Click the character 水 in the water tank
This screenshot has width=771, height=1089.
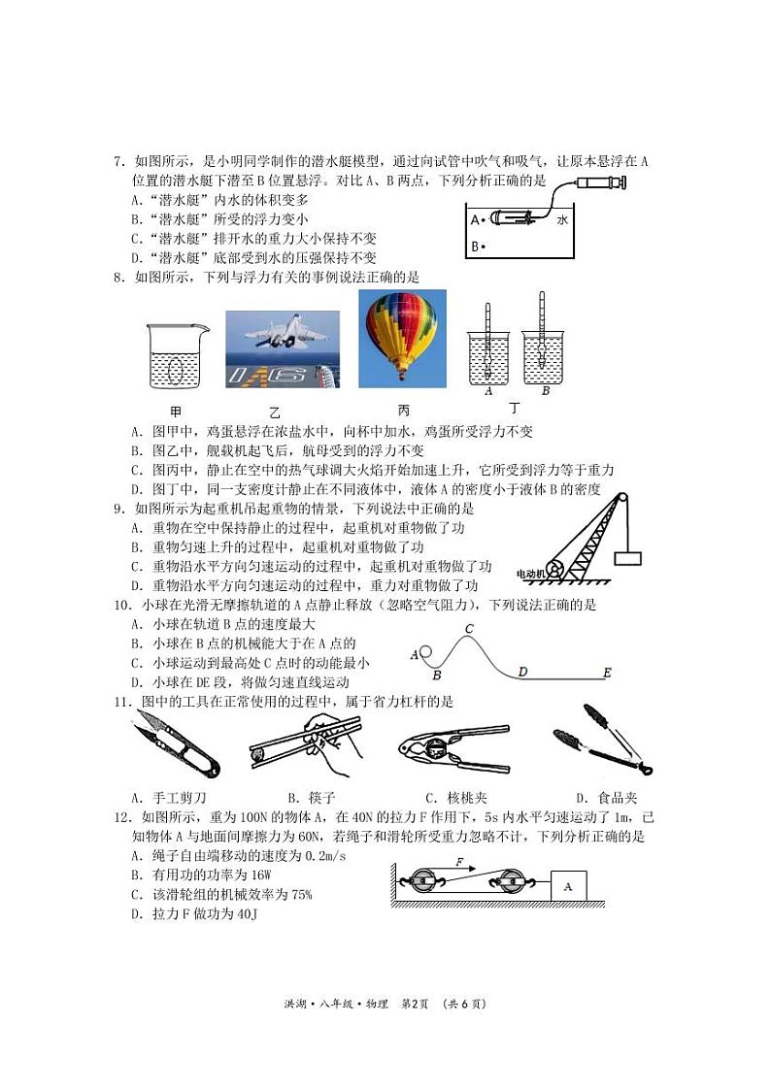pyautogui.click(x=562, y=220)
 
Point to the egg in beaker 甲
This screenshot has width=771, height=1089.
pyautogui.click(x=176, y=369)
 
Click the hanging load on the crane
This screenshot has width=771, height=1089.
pyautogui.click(x=627, y=558)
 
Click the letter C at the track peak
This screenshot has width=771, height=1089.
pyautogui.click(x=468, y=629)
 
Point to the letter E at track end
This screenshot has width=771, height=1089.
pyautogui.click(x=607, y=672)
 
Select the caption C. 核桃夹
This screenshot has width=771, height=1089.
pyautogui.click(x=456, y=797)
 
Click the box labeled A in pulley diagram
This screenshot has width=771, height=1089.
pyautogui.click(x=569, y=886)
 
